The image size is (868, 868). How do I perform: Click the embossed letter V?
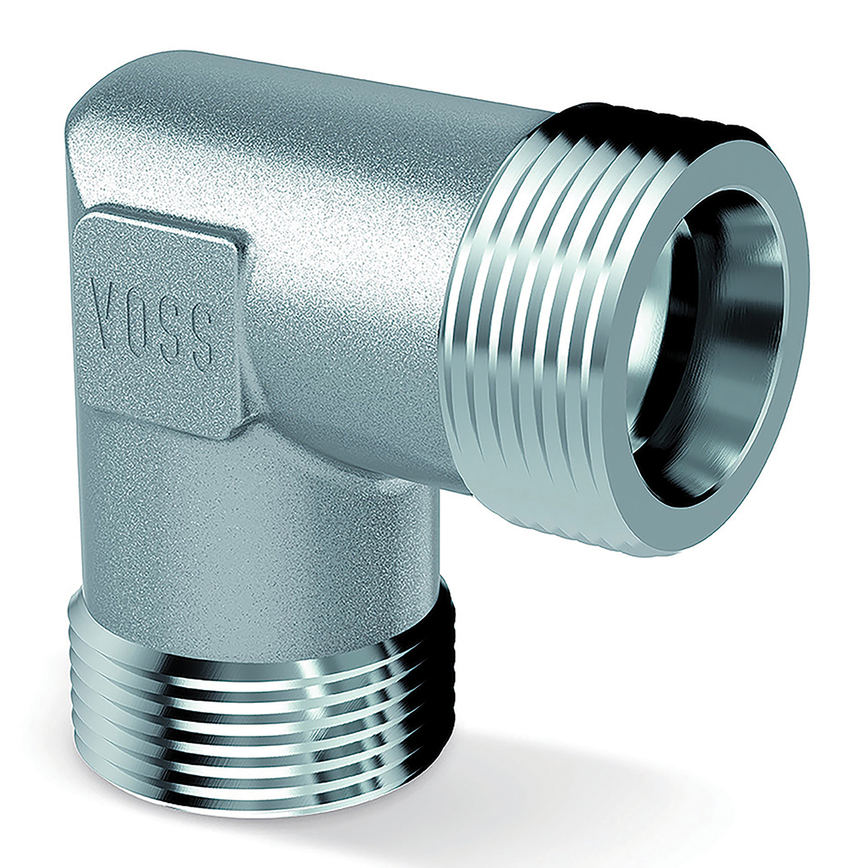(x=107, y=295)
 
